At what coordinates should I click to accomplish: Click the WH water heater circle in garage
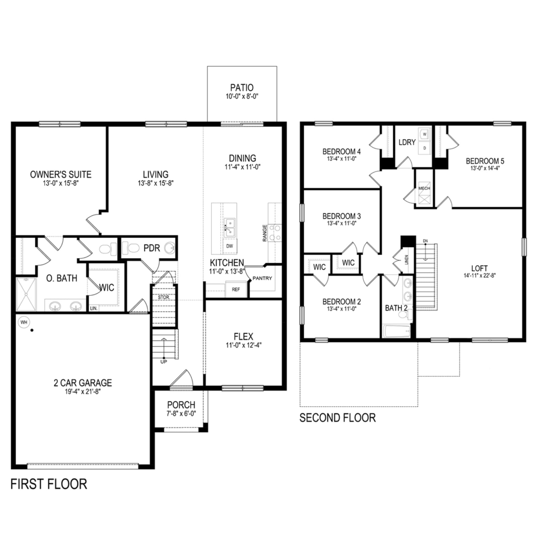pyautogui.click(x=24, y=323)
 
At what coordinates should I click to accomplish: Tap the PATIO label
pyautogui.click(x=242, y=88)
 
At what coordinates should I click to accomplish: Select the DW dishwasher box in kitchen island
pyautogui.click(x=229, y=246)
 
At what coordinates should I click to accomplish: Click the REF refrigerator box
pyautogui.click(x=236, y=289)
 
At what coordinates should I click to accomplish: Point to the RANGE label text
pyautogui.click(x=265, y=233)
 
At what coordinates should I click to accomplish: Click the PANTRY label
pyautogui.click(x=262, y=278)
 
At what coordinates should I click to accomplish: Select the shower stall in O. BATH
pyautogui.click(x=26, y=294)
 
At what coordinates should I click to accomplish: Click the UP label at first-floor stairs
pyautogui.click(x=164, y=362)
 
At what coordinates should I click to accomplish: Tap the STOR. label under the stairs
pyautogui.click(x=164, y=297)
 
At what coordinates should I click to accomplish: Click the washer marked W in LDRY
pyautogui.click(x=425, y=134)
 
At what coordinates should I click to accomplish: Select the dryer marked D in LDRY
pyautogui.click(x=425, y=148)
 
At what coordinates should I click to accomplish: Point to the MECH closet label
pyautogui.click(x=424, y=188)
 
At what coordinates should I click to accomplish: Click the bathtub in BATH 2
pyautogui.click(x=397, y=332)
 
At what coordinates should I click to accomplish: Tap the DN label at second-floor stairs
pyautogui.click(x=425, y=241)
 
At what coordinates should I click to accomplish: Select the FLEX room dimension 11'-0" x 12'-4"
pyautogui.click(x=244, y=345)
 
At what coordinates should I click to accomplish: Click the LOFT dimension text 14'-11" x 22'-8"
pyautogui.click(x=479, y=276)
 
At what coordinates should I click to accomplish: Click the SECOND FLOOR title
pyautogui.click(x=337, y=418)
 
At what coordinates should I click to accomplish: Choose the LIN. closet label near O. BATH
pyautogui.click(x=94, y=308)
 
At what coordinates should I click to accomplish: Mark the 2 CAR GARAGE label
pyautogui.click(x=83, y=383)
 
